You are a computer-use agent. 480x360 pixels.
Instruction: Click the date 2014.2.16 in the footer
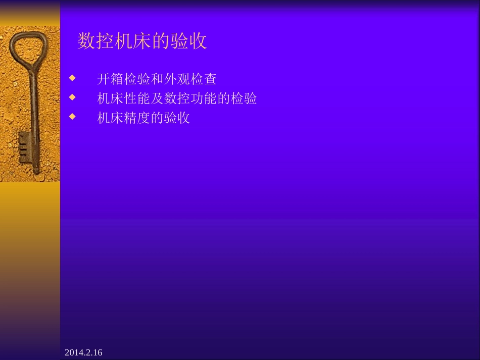coord(83,352)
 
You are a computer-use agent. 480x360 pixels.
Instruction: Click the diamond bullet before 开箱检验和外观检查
coord(72,78)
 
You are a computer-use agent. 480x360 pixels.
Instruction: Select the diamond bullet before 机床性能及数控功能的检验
coord(72,96)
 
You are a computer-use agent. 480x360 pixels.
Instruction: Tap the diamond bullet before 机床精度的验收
coord(72,116)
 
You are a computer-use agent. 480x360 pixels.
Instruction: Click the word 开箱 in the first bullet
coord(110,79)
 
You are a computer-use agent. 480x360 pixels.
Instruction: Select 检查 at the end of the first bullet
coord(204,79)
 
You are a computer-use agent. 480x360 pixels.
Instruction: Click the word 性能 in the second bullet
coord(137,98)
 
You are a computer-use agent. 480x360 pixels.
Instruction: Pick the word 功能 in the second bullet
coord(204,98)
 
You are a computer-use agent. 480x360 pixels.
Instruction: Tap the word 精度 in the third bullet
coord(137,118)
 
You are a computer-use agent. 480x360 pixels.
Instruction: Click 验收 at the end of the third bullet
coord(177,118)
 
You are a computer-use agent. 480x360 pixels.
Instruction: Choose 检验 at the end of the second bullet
coord(244,98)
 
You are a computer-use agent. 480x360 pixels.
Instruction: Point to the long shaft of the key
coord(34,111)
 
